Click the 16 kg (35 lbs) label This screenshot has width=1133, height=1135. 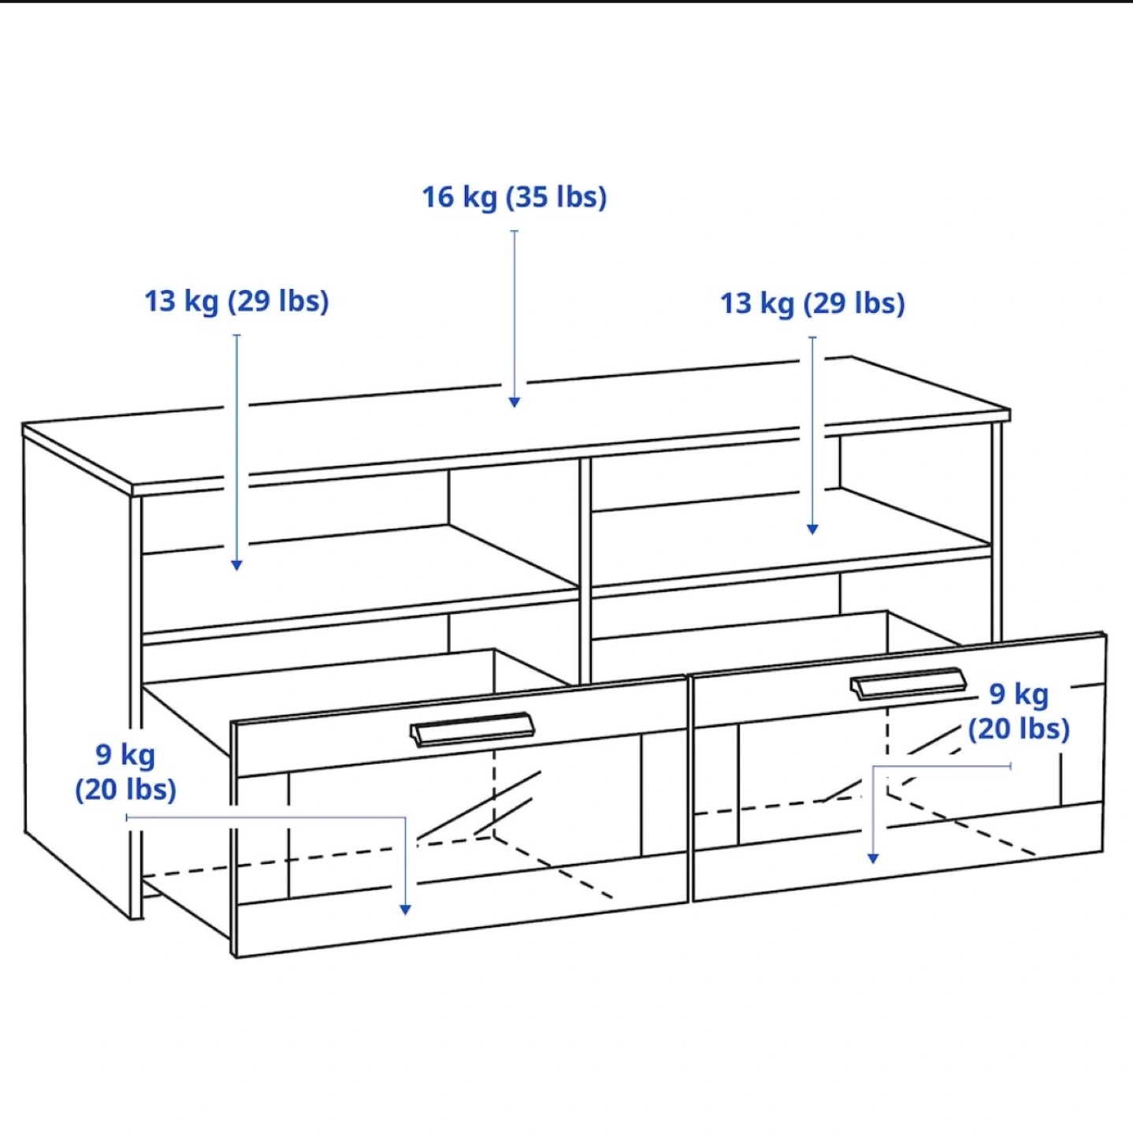click(514, 197)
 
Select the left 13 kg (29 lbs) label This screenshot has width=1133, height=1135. click(236, 302)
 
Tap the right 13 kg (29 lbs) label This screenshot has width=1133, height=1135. click(812, 304)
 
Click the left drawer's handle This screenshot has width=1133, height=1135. click(472, 729)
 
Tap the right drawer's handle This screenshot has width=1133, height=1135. click(908, 683)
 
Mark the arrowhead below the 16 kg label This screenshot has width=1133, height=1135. click(514, 402)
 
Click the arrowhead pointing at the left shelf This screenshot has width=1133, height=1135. click(236, 565)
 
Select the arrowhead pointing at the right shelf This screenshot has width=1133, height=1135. click(812, 530)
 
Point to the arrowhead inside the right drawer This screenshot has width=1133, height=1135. click(873, 859)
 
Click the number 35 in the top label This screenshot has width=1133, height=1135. click(533, 197)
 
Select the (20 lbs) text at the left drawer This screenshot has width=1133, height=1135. click(125, 790)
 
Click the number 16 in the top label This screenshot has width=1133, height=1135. click(438, 197)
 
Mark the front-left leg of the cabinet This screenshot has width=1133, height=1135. click(136, 707)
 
